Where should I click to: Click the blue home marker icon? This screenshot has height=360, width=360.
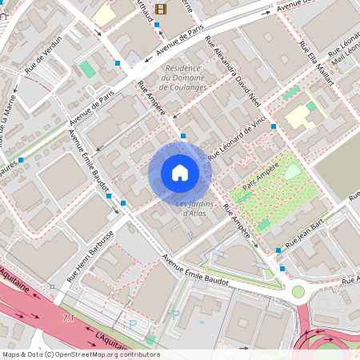(179, 172)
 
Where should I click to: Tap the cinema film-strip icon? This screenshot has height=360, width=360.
(162, 10)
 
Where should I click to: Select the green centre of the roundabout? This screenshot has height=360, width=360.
(298, 292)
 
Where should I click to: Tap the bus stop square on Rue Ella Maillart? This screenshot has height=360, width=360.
(273, 126)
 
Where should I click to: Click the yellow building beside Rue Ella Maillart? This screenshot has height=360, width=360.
(301, 116)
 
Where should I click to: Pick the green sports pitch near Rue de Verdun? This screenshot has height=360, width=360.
(87, 69)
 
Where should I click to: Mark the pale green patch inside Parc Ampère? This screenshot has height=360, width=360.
(294, 170)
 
